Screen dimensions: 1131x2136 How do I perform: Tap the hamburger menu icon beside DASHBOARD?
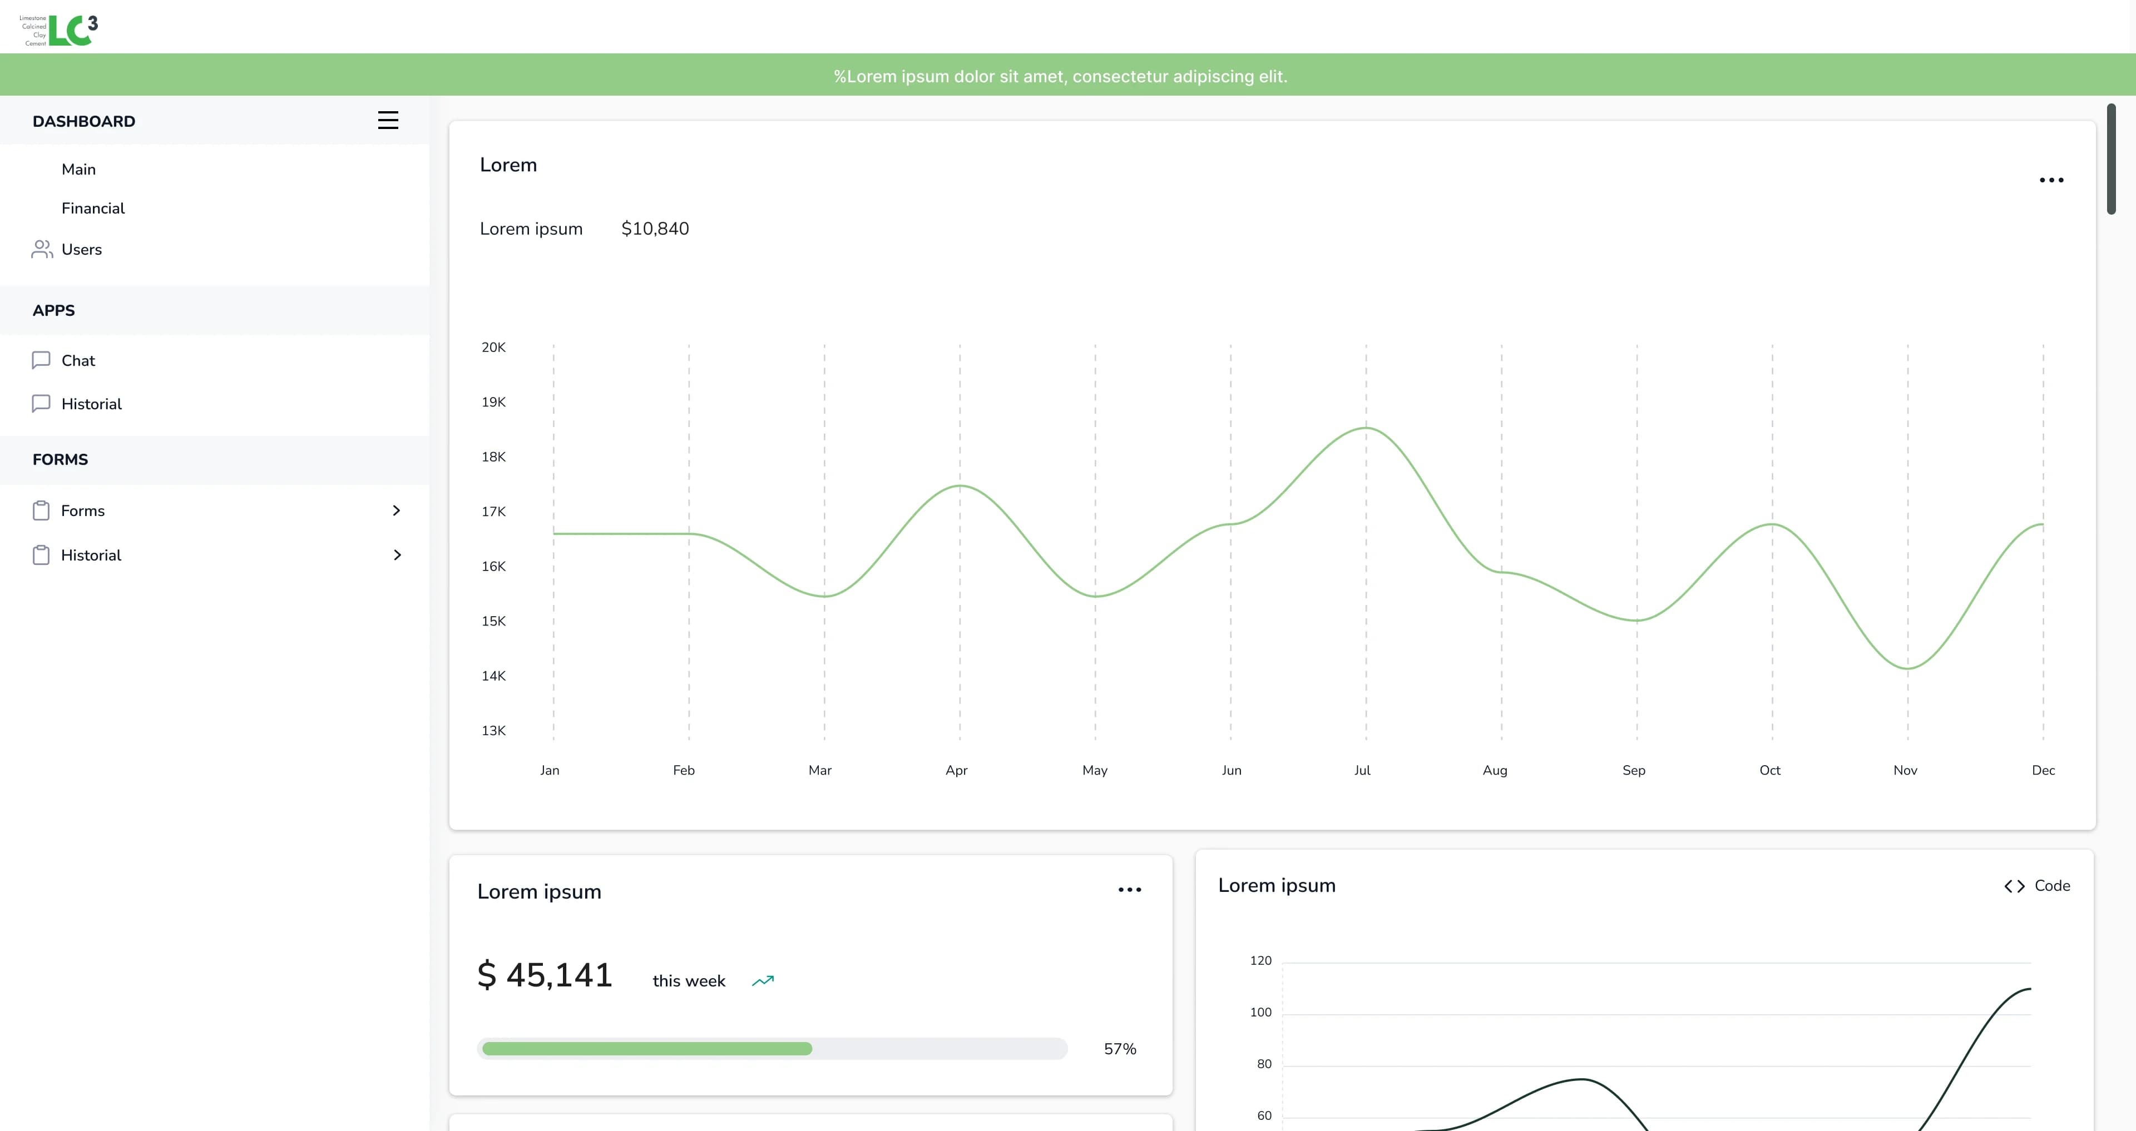[388, 120]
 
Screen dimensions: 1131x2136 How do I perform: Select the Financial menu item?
[93, 208]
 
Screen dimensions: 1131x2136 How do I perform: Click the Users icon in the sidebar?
[42, 249]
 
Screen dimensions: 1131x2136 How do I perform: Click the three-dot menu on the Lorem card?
[2051, 180]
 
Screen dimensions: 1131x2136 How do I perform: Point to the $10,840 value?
[655, 229]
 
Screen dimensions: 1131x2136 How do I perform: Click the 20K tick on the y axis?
[493, 348]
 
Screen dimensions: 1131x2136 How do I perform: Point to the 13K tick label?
[493, 731]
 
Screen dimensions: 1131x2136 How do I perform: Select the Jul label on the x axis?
[1362, 770]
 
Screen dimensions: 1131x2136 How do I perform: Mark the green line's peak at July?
[1366, 428]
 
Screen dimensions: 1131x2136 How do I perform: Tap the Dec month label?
[2043, 770]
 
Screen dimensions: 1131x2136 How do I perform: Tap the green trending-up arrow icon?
[763, 981]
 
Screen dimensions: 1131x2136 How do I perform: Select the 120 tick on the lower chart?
[1260, 960]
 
